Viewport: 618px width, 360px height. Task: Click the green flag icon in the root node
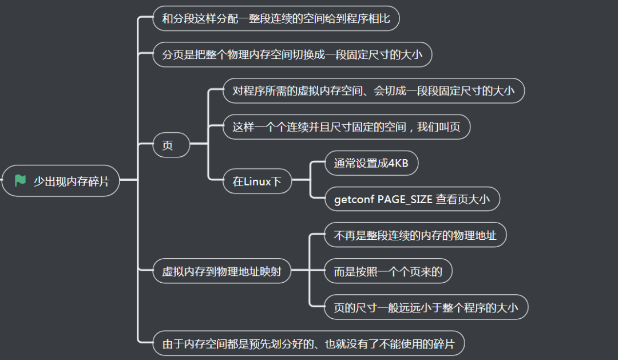point(21,181)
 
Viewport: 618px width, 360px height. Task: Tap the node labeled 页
point(168,145)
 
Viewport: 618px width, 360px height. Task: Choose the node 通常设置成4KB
point(371,164)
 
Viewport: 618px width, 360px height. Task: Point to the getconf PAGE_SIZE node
point(412,200)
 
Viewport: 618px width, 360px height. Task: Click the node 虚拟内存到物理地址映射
point(221,271)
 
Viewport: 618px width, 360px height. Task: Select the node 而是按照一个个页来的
point(388,271)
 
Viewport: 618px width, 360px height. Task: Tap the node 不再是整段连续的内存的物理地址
point(415,235)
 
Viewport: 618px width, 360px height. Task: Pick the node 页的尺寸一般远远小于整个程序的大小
point(425,308)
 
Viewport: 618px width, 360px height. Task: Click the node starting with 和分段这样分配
point(276,19)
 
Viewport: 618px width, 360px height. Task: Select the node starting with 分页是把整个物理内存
point(292,55)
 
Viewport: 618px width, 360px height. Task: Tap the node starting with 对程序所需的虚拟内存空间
point(373,90)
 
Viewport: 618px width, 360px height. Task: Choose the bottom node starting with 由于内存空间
point(308,344)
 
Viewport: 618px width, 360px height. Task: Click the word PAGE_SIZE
point(405,200)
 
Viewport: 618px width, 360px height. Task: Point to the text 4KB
point(398,164)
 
